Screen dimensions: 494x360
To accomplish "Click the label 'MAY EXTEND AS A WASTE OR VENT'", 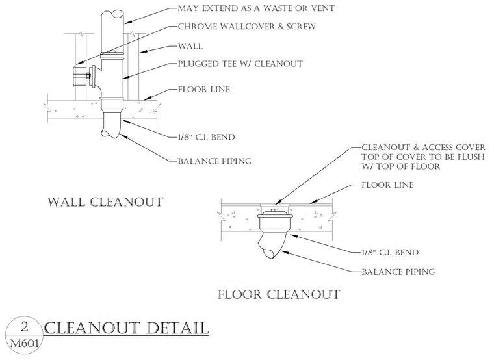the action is (x=256, y=8).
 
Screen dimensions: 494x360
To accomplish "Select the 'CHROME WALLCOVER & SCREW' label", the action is (x=247, y=27).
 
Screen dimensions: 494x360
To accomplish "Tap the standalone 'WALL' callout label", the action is (x=190, y=46).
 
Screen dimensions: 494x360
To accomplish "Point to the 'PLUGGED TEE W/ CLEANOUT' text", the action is (x=240, y=64).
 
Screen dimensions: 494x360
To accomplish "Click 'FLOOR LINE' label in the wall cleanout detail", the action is (x=204, y=90).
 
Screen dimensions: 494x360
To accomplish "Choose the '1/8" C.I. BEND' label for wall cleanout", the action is (x=206, y=137).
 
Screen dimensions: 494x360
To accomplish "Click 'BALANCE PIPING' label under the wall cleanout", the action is (x=214, y=161).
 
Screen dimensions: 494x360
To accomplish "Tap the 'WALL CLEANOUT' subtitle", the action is (x=105, y=202).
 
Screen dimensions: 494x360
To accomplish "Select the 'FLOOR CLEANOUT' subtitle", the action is (x=279, y=294).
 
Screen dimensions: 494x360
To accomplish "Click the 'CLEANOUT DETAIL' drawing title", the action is (x=126, y=328).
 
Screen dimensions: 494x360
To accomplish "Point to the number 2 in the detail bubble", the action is (x=24, y=328).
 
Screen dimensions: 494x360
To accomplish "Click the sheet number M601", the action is (x=25, y=342).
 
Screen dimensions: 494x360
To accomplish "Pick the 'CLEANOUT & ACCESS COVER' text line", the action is (x=423, y=148).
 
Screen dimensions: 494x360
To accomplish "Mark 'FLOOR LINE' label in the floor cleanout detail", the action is (x=387, y=185).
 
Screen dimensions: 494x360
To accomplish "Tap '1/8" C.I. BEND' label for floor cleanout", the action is (x=390, y=253).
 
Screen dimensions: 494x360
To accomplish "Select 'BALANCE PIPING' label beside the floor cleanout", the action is (x=398, y=272).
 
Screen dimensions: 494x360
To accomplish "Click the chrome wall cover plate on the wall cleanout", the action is (x=79, y=75).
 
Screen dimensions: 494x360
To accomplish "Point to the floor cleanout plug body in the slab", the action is (x=275, y=220).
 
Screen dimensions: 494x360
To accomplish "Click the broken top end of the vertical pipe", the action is (x=112, y=16).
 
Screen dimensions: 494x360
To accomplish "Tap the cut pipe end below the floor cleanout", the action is (x=272, y=253).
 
